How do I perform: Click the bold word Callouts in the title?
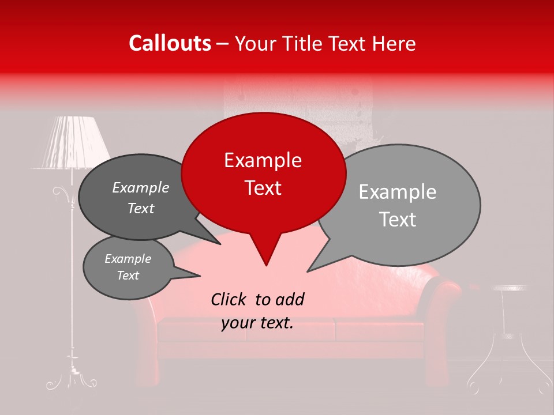click(170, 43)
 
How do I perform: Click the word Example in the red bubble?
click(263, 160)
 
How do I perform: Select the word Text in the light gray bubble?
click(398, 220)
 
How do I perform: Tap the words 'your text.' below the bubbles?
click(257, 323)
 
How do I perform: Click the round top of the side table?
click(511, 288)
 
